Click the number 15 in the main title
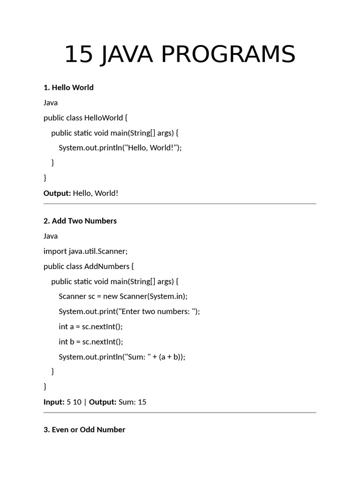(x=78, y=54)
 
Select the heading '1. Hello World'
(x=68, y=88)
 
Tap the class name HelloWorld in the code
(x=104, y=118)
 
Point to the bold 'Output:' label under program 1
(x=57, y=193)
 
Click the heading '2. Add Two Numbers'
(x=80, y=221)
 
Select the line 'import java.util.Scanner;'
(x=85, y=251)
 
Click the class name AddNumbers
(x=107, y=266)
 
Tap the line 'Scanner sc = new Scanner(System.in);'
(x=123, y=296)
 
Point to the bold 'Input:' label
(x=54, y=402)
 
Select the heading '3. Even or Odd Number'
(x=84, y=430)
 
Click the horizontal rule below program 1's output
(x=180, y=204)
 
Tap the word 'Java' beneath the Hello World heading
(x=51, y=103)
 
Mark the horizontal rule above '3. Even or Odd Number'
(x=180, y=412)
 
